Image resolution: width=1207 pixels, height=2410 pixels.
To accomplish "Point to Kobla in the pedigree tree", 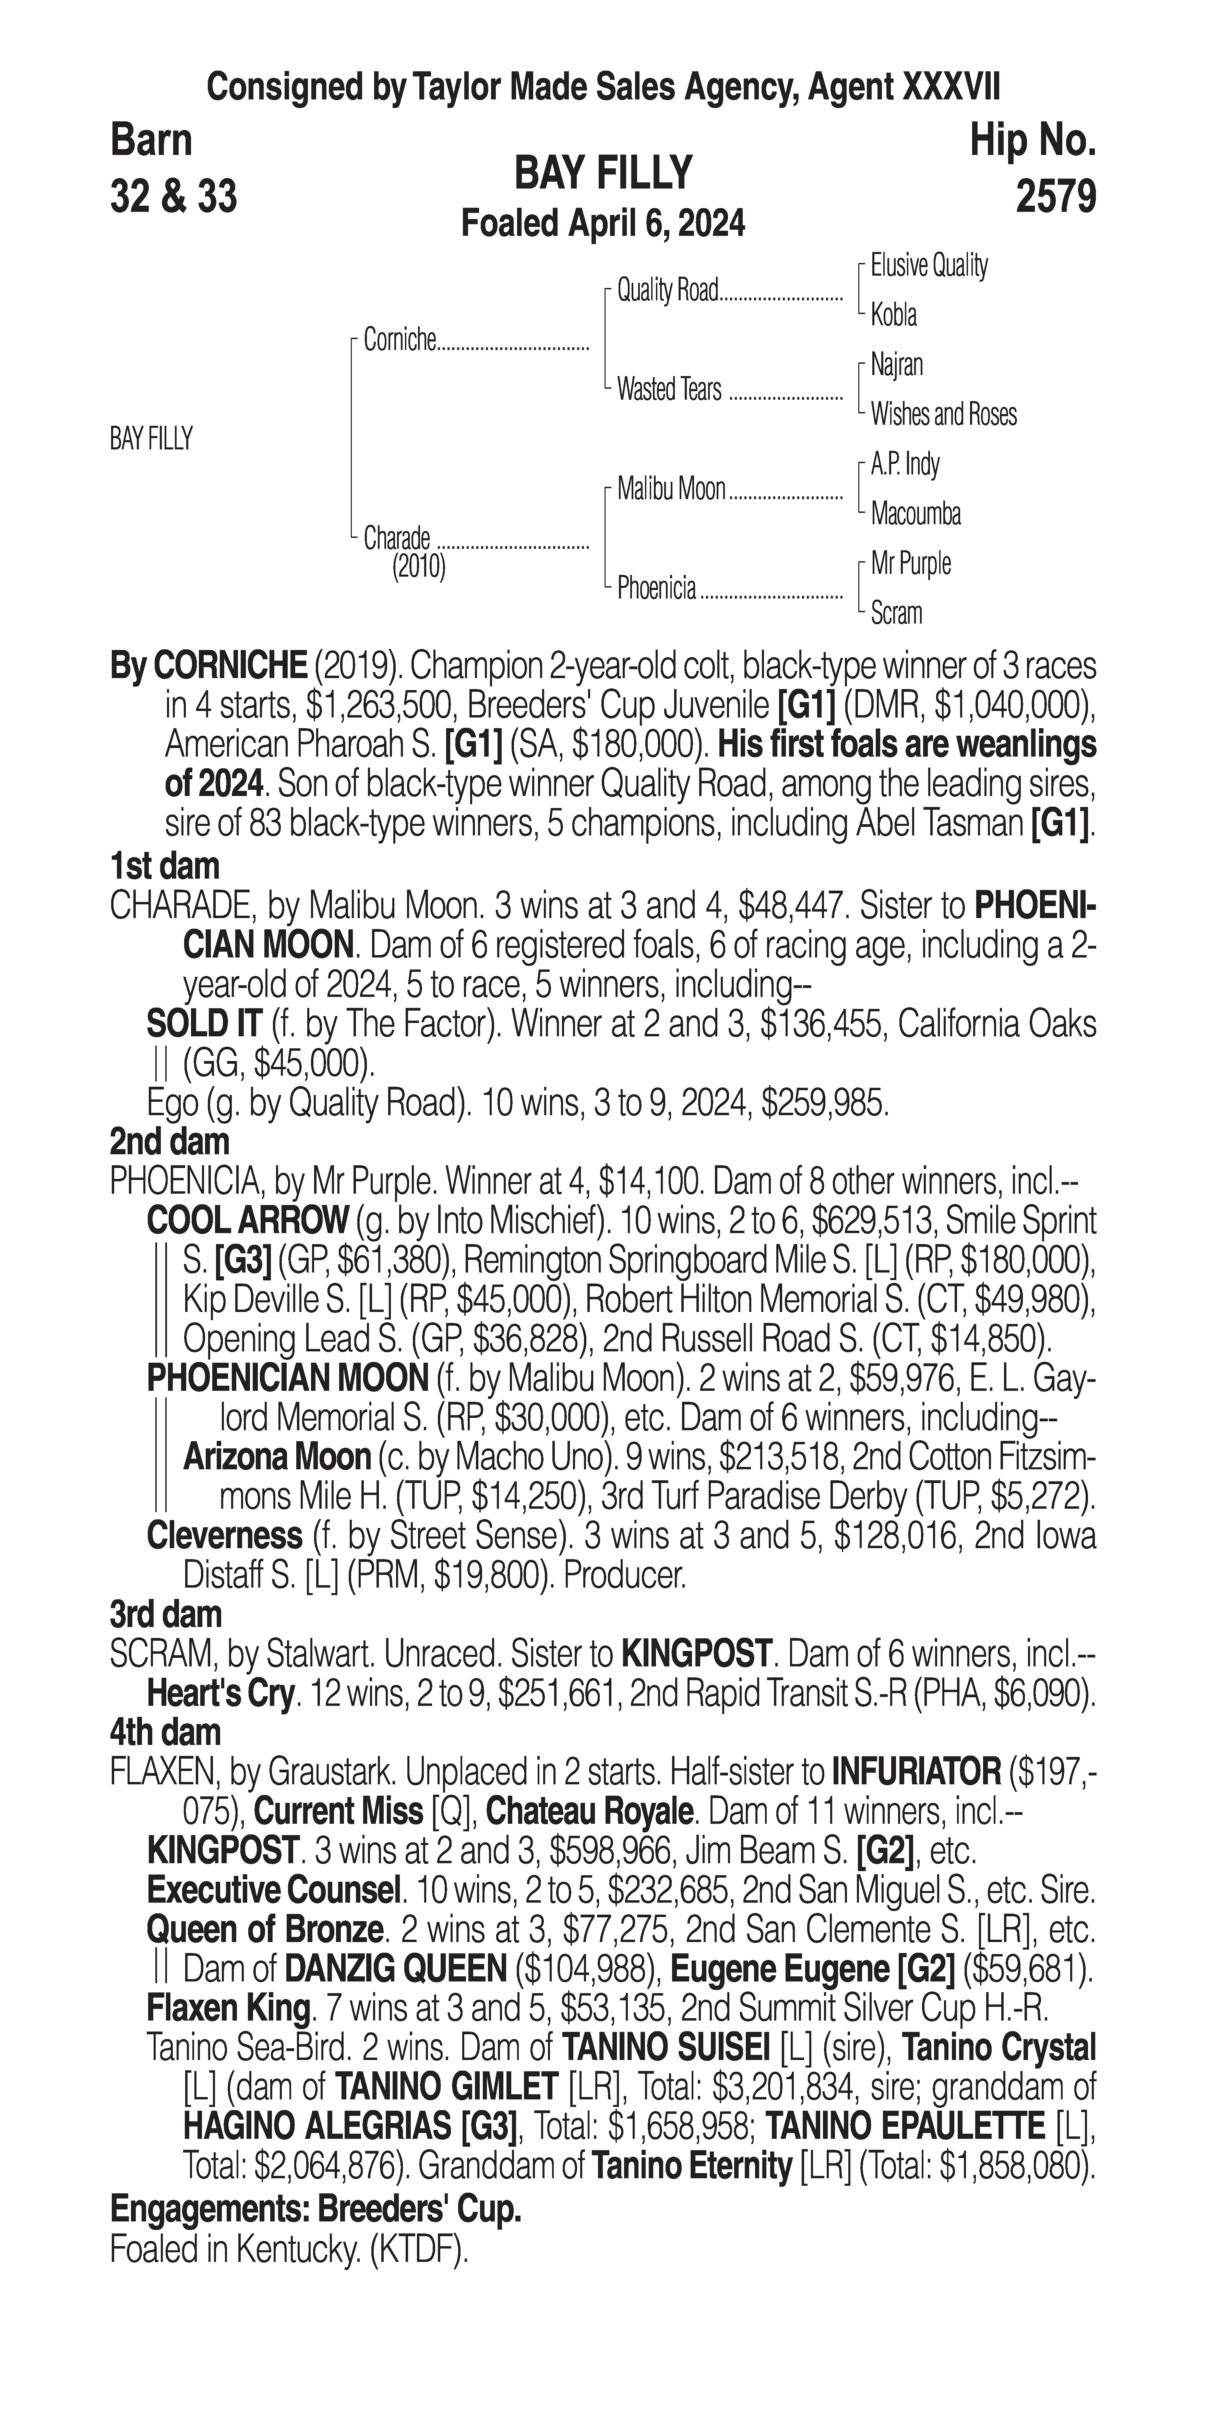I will click(894, 315).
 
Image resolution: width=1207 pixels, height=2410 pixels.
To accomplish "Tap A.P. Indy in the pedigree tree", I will click(905, 464).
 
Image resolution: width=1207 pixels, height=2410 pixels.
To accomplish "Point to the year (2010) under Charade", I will click(418, 567).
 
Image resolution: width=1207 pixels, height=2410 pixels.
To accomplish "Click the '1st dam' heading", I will click(165, 866).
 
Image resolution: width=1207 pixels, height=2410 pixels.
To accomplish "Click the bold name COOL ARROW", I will click(248, 1221).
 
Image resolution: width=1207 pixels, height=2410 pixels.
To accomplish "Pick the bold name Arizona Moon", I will click(277, 1457).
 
